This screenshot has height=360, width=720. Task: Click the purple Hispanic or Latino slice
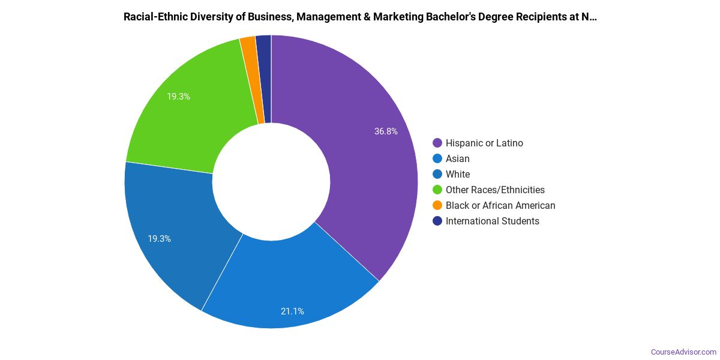(x=360, y=168)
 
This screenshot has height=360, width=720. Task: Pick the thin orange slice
(x=249, y=78)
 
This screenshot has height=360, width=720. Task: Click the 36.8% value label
(x=386, y=131)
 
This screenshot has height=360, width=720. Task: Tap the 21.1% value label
(x=292, y=311)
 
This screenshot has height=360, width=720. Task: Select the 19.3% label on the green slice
(x=179, y=96)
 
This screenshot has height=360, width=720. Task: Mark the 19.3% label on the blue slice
(x=160, y=238)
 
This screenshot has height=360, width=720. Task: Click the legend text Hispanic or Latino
(x=484, y=143)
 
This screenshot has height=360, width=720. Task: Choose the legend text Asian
(x=457, y=158)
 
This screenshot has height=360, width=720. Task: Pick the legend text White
(x=458, y=174)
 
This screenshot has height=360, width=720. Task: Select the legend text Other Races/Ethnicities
(x=495, y=190)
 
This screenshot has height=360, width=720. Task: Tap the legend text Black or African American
(x=500, y=205)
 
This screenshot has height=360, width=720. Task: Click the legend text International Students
(x=492, y=221)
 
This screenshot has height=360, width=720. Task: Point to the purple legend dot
(x=437, y=143)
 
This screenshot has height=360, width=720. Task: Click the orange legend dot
(x=437, y=205)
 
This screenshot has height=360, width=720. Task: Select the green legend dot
(x=437, y=190)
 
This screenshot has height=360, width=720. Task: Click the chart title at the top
(x=360, y=17)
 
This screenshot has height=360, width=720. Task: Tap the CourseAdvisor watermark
(x=683, y=352)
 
